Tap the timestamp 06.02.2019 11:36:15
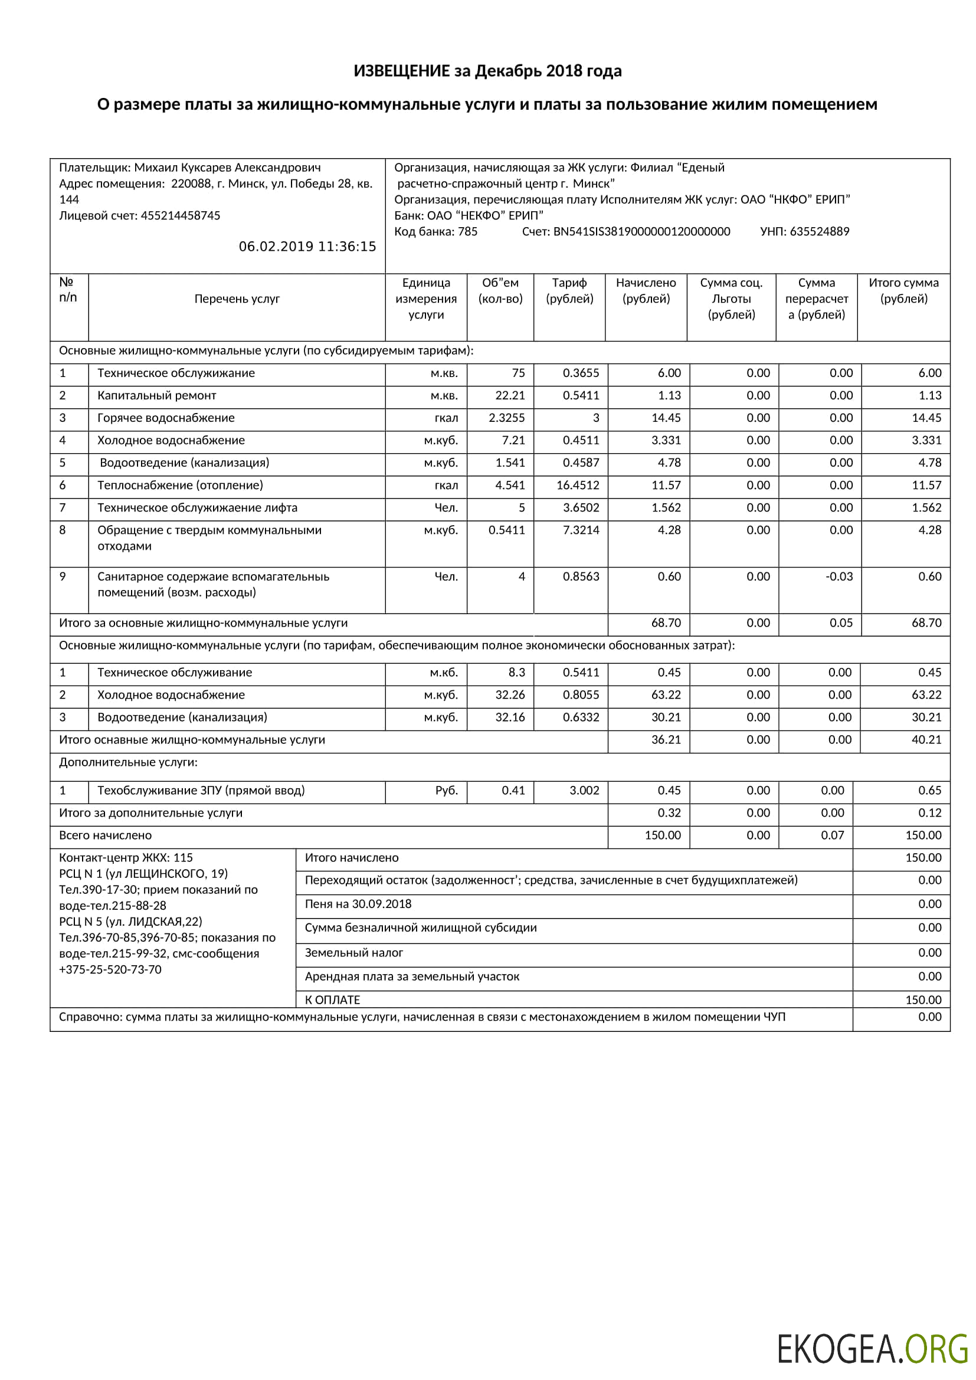point(307,247)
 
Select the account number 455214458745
point(181,215)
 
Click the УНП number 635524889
point(819,231)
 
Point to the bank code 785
point(467,231)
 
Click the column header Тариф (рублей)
point(569,291)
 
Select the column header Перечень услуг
point(237,299)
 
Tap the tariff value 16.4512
point(578,485)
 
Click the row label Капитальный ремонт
point(156,395)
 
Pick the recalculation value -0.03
point(839,576)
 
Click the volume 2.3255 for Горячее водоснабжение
point(507,418)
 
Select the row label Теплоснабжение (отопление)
point(180,485)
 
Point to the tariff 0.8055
point(581,695)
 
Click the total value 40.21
point(926,740)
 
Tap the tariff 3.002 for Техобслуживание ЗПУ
point(584,791)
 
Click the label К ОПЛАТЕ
point(332,999)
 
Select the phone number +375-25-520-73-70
point(110,969)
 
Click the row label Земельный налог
point(353,953)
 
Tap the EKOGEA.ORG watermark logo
point(872,1348)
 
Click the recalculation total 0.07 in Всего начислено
point(833,835)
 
